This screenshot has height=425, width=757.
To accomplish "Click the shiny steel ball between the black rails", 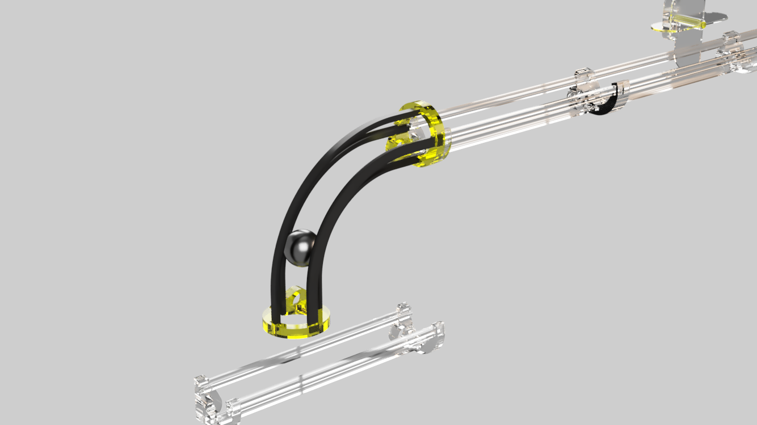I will tap(299, 248).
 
